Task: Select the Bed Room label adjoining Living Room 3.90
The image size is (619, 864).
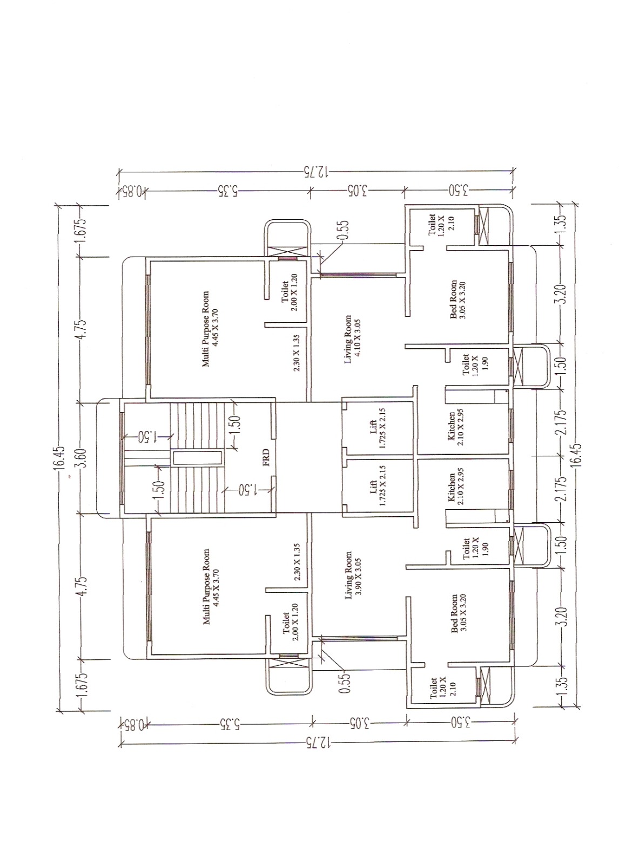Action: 458,613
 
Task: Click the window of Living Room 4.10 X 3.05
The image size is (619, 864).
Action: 359,275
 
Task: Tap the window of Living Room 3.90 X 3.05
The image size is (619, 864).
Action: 359,639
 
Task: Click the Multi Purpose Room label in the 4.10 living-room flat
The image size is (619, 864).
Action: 210,329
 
